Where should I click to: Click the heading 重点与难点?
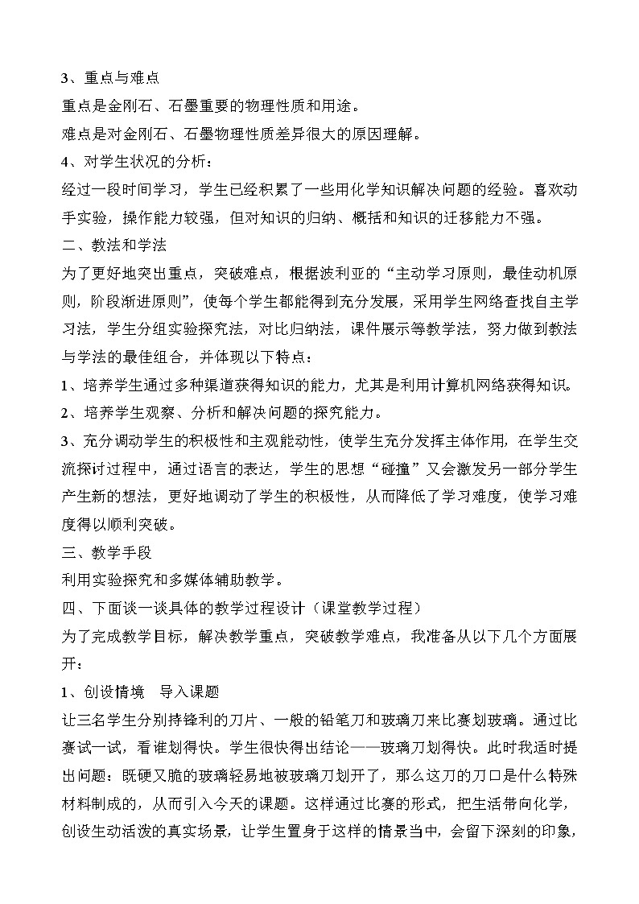pyautogui.click(x=120, y=78)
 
